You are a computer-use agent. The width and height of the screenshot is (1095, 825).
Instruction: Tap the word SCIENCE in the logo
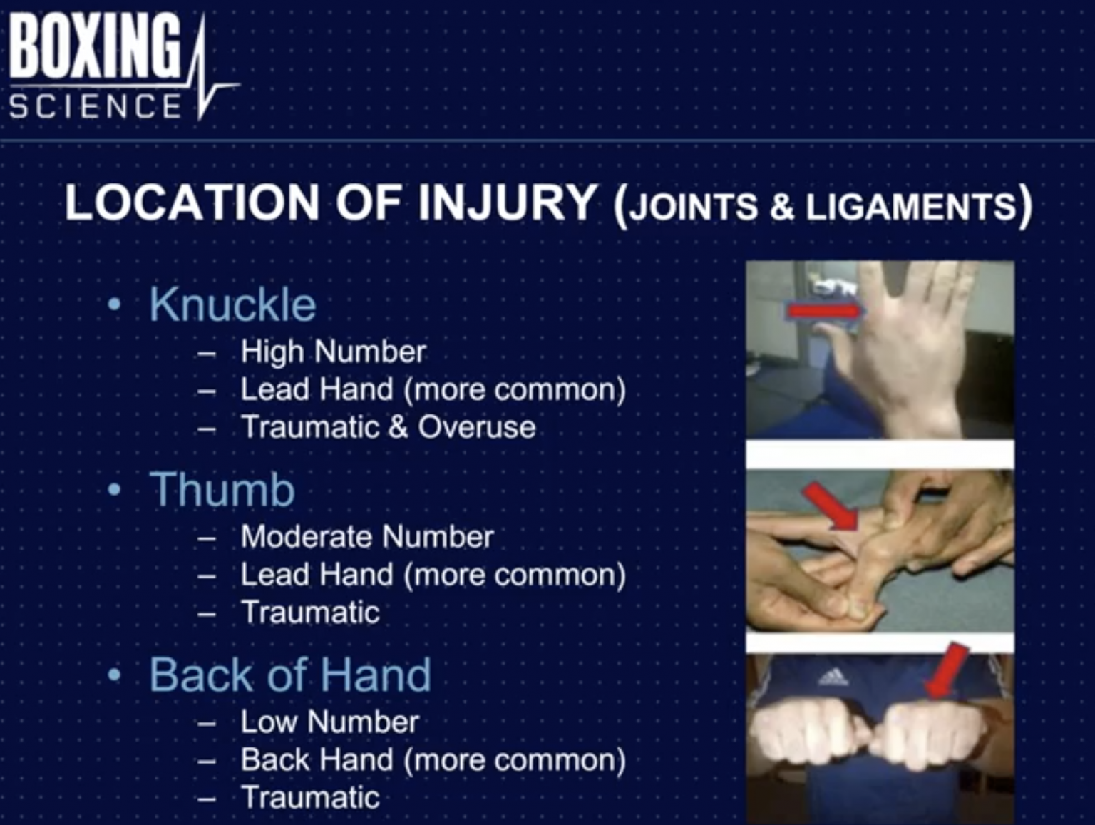pyautogui.click(x=96, y=107)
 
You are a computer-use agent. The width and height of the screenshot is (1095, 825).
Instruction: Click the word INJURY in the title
pyautogui.click(x=507, y=203)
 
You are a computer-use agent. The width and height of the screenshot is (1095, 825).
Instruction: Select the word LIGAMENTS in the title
pyautogui.click(x=910, y=207)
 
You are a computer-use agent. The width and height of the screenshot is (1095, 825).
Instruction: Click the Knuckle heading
pyautogui.click(x=232, y=305)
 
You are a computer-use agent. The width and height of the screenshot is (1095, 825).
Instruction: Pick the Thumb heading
pyautogui.click(x=222, y=490)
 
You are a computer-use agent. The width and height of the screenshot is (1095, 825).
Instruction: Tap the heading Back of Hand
pyautogui.click(x=290, y=675)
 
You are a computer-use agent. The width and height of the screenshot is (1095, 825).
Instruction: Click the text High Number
pyautogui.click(x=333, y=352)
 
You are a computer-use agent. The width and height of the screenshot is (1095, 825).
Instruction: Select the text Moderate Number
pyautogui.click(x=367, y=537)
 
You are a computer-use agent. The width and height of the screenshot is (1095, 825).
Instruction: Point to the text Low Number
pyautogui.click(x=329, y=722)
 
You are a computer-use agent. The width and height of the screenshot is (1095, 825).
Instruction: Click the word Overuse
pyautogui.click(x=476, y=427)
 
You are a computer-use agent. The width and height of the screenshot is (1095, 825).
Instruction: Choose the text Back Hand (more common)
pyautogui.click(x=433, y=760)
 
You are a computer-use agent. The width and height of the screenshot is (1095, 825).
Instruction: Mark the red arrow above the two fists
pyautogui.click(x=947, y=670)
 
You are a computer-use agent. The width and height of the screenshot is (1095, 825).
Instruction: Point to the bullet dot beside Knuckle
pyautogui.click(x=114, y=305)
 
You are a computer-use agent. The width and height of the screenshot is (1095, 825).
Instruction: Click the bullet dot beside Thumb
pyautogui.click(x=114, y=491)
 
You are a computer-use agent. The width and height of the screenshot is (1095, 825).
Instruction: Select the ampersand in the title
pyautogui.click(x=781, y=207)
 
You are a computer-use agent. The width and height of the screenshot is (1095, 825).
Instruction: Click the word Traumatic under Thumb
pyautogui.click(x=310, y=613)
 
